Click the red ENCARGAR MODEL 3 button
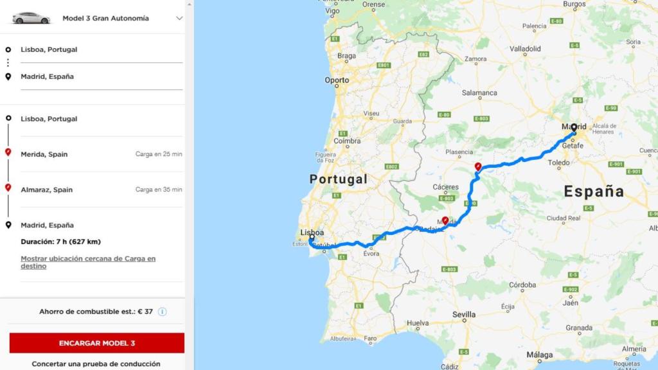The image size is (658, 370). (97, 343)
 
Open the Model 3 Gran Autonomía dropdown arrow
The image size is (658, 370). (179, 18)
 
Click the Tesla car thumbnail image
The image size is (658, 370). (31, 18)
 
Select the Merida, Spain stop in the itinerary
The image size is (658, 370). (44, 154)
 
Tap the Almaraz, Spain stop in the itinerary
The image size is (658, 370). (46, 189)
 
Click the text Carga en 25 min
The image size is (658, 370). (158, 154)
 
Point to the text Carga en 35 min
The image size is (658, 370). (158, 189)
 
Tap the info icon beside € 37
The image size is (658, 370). (163, 312)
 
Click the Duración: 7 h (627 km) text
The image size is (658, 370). (60, 242)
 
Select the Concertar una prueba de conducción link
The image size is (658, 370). (96, 364)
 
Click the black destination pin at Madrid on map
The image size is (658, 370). (574, 128)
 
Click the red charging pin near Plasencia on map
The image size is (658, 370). (478, 167)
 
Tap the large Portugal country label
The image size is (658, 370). (338, 179)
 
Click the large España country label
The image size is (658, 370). (594, 191)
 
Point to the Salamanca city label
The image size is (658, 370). (479, 93)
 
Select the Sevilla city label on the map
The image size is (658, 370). (464, 315)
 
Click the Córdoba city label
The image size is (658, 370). (522, 285)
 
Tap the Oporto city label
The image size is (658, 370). (337, 80)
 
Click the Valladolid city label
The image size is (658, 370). (525, 49)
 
